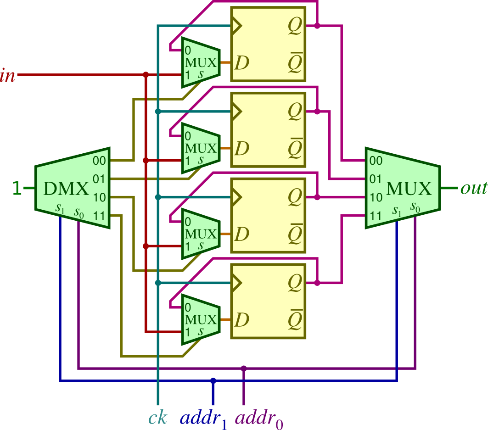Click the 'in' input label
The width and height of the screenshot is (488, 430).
(8, 75)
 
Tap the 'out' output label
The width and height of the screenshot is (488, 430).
(473, 188)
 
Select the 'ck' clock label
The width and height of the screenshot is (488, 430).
(157, 418)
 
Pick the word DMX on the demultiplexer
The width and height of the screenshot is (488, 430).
(66, 189)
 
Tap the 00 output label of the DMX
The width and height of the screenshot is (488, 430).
(99, 161)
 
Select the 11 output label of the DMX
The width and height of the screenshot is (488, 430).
(99, 215)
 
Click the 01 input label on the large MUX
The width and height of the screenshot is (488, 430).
(376, 179)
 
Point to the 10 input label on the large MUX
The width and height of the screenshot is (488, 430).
(376, 198)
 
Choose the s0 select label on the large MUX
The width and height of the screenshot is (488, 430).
(415, 207)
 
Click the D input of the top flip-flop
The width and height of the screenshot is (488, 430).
(241, 62)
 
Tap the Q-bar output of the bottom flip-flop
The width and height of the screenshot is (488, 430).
(295, 320)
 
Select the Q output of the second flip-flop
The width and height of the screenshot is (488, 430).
(295, 112)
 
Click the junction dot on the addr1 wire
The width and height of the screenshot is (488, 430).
(213, 380)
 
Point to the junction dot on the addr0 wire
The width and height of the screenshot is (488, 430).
(244, 368)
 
